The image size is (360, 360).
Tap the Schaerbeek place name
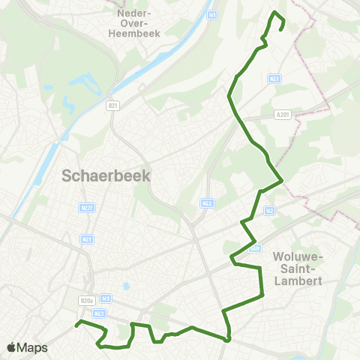click(106, 176)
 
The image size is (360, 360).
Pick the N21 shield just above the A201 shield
click(274, 78)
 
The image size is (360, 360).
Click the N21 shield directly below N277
click(86, 239)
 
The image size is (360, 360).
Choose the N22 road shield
click(207, 203)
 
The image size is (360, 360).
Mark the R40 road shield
click(255, 247)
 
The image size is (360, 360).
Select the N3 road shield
click(106, 297)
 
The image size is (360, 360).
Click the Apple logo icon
click(11, 347)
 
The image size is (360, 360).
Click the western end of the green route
click(76, 325)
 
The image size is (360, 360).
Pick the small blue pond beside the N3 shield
click(126, 286)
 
